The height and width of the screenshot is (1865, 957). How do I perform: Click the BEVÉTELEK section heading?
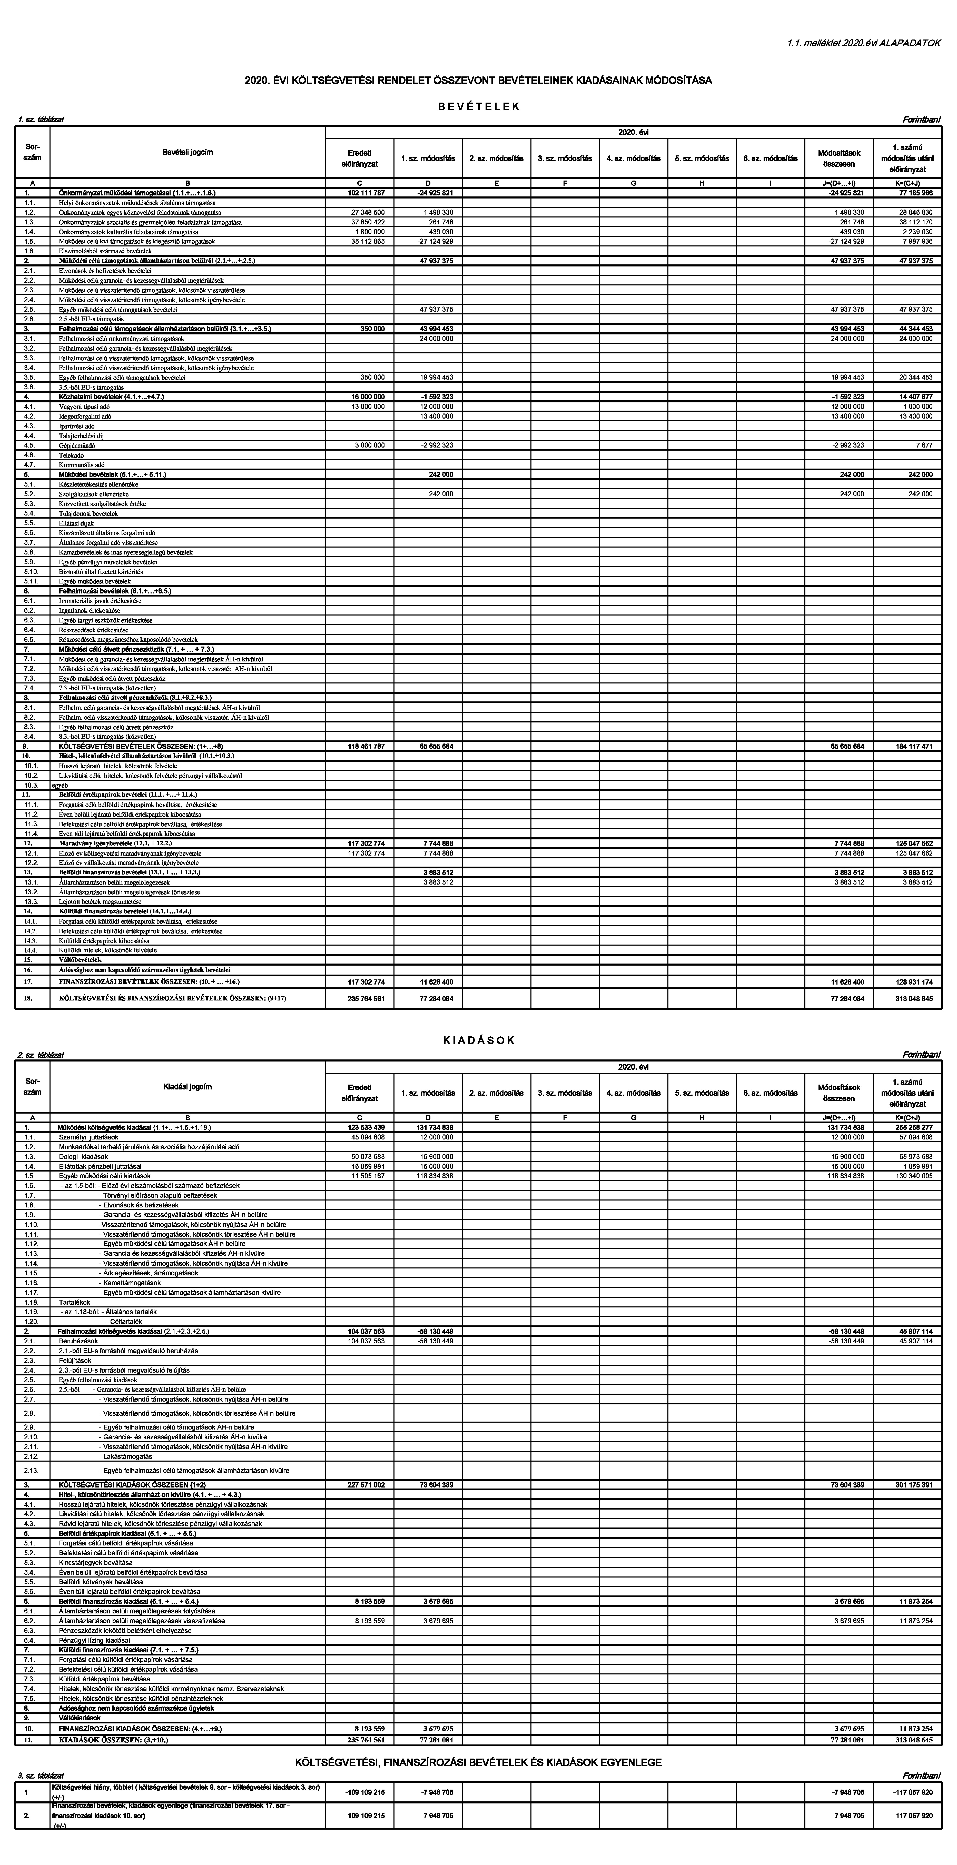click(479, 106)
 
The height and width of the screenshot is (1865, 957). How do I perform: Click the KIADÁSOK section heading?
click(479, 1040)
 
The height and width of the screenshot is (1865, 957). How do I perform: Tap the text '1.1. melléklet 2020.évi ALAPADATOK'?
click(864, 43)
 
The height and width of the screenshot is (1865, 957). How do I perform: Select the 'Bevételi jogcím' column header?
click(188, 152)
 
